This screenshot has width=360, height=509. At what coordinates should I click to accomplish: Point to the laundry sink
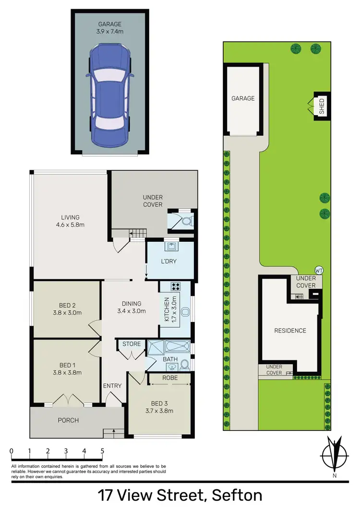click(170, 247)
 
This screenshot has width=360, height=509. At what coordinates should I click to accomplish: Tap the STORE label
click(131, 343)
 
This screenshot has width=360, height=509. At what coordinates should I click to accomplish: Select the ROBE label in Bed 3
click(170, 378)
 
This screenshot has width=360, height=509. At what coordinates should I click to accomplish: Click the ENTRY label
click(112, 386)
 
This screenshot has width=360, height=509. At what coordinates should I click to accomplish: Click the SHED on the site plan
click(321, 107)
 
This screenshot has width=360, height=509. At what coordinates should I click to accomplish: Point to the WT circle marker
click(318, 271)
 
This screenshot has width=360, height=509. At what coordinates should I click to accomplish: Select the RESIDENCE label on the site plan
click(290, 331)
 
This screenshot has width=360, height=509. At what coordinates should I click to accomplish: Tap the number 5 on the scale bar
click(102, 451)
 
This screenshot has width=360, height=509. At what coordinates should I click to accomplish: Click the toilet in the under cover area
click(187, 222)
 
